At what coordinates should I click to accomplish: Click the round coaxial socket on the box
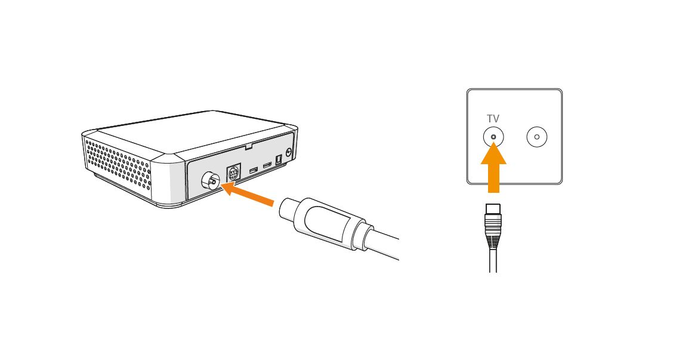210,183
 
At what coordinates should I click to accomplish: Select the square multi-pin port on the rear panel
233,173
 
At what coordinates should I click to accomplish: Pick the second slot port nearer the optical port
267,165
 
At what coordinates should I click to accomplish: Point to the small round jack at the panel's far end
288,152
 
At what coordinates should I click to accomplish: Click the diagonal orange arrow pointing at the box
247,194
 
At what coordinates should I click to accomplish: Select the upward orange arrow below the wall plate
493,168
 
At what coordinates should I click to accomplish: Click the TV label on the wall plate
493,119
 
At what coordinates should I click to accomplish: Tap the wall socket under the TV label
493,137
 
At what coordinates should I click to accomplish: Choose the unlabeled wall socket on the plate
537,137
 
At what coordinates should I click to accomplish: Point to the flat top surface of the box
189,131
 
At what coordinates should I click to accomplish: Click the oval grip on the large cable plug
327,223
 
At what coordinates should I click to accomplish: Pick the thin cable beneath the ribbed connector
493,260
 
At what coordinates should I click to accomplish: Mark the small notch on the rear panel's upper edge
248,146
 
